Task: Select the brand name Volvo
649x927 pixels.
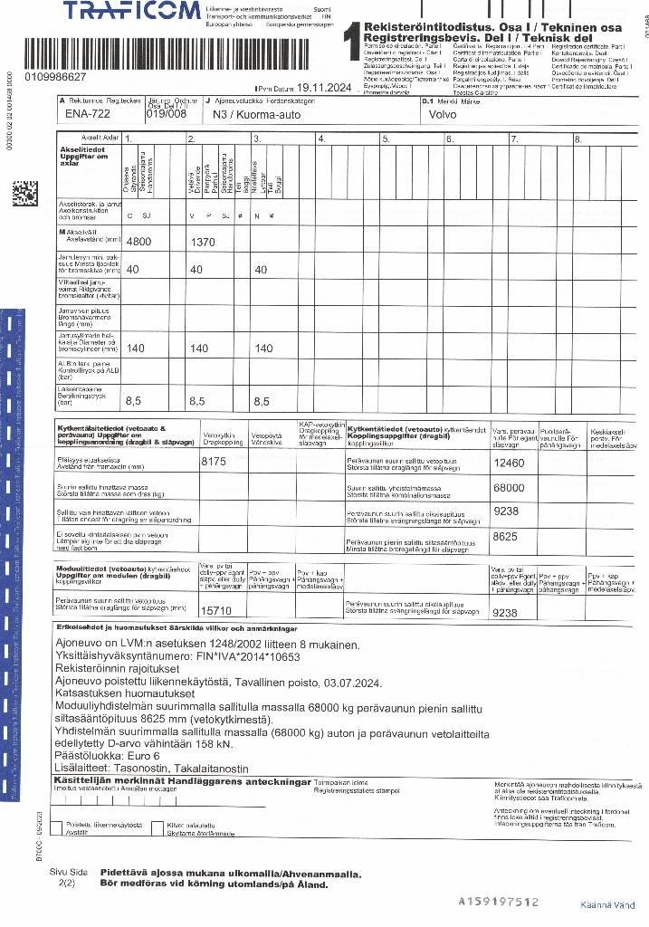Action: click(443, 115)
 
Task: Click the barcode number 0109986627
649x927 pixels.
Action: click(56, 78)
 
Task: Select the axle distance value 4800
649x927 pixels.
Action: click(138, 243)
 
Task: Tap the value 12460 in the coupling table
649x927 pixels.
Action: click(508, 463)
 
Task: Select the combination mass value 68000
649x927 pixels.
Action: click(508, 488)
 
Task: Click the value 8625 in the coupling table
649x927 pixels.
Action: click(504, 536)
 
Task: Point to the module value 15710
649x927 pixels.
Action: click(216, 611)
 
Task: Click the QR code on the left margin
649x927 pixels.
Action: click(24, 195)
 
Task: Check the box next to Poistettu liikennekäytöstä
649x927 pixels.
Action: click(56, 827)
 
